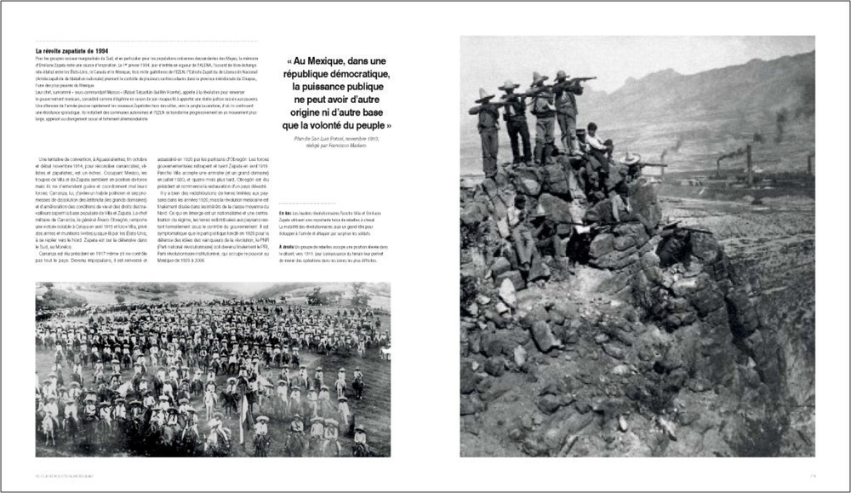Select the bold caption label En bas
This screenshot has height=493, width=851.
[x=284, y=211]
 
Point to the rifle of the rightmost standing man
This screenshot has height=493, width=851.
[x=580, y=79]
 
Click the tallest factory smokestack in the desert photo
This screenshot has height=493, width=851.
[x=749, y=162]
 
